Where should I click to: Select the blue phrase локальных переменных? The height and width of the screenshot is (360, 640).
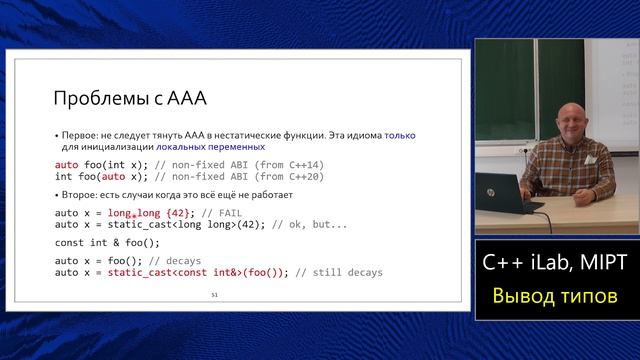point(211,146)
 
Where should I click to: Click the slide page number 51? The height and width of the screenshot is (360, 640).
point(214,295)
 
